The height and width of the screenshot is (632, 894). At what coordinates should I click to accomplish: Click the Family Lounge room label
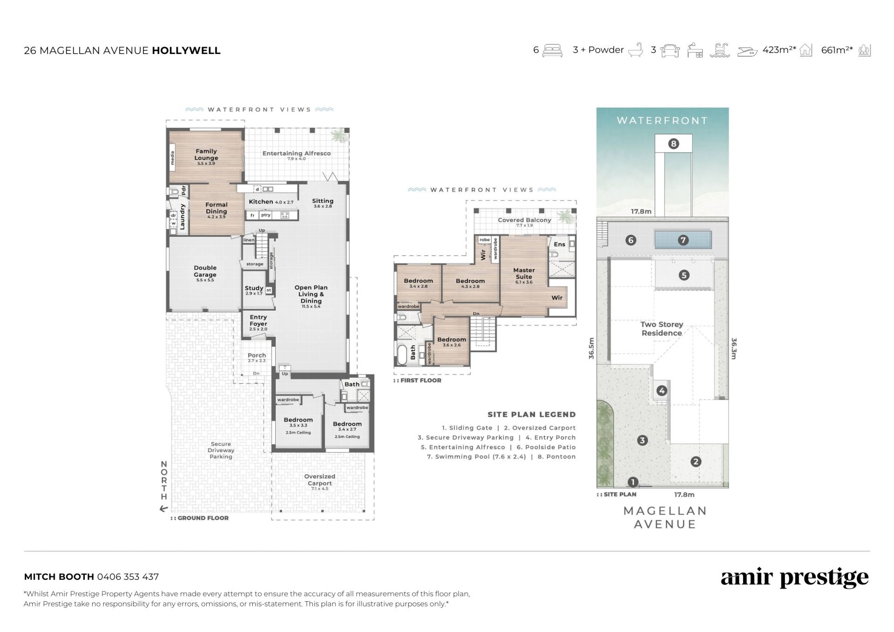click(206, 155)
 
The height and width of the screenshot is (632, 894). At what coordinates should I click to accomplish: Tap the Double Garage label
click(205, 271)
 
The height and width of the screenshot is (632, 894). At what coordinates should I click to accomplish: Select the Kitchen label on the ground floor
click(261, 202)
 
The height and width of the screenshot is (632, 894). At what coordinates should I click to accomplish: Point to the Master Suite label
click(524, 273)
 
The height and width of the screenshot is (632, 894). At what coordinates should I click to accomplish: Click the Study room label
click(254, 288)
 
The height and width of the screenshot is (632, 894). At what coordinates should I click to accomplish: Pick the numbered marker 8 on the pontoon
click(673, 143)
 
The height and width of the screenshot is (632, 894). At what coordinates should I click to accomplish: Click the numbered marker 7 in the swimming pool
click(683, 240)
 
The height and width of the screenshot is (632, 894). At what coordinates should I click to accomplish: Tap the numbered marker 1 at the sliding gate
click(633, 482)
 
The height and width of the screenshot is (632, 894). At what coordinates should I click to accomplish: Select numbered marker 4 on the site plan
click(662, 391)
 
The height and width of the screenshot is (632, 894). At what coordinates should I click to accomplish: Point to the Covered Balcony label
click(524, 220)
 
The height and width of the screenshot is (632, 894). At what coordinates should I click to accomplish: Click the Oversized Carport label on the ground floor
click(319, 480)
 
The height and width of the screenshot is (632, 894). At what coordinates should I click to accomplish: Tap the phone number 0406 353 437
click(128, 577)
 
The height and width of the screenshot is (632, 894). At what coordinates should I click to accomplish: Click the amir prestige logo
click(794, 578)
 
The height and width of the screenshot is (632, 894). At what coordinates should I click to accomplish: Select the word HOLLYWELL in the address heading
click(186, 50)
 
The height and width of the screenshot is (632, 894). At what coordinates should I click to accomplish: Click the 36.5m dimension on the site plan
click(591, 348)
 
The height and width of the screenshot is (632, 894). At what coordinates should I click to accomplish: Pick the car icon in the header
click(670, 50)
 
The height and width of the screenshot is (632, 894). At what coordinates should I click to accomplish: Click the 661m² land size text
click(837, 50)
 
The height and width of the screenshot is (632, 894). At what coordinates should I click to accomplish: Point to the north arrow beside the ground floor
click(163, 509)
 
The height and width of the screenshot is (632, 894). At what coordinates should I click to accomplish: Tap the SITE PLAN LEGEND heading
click(531, 415)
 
